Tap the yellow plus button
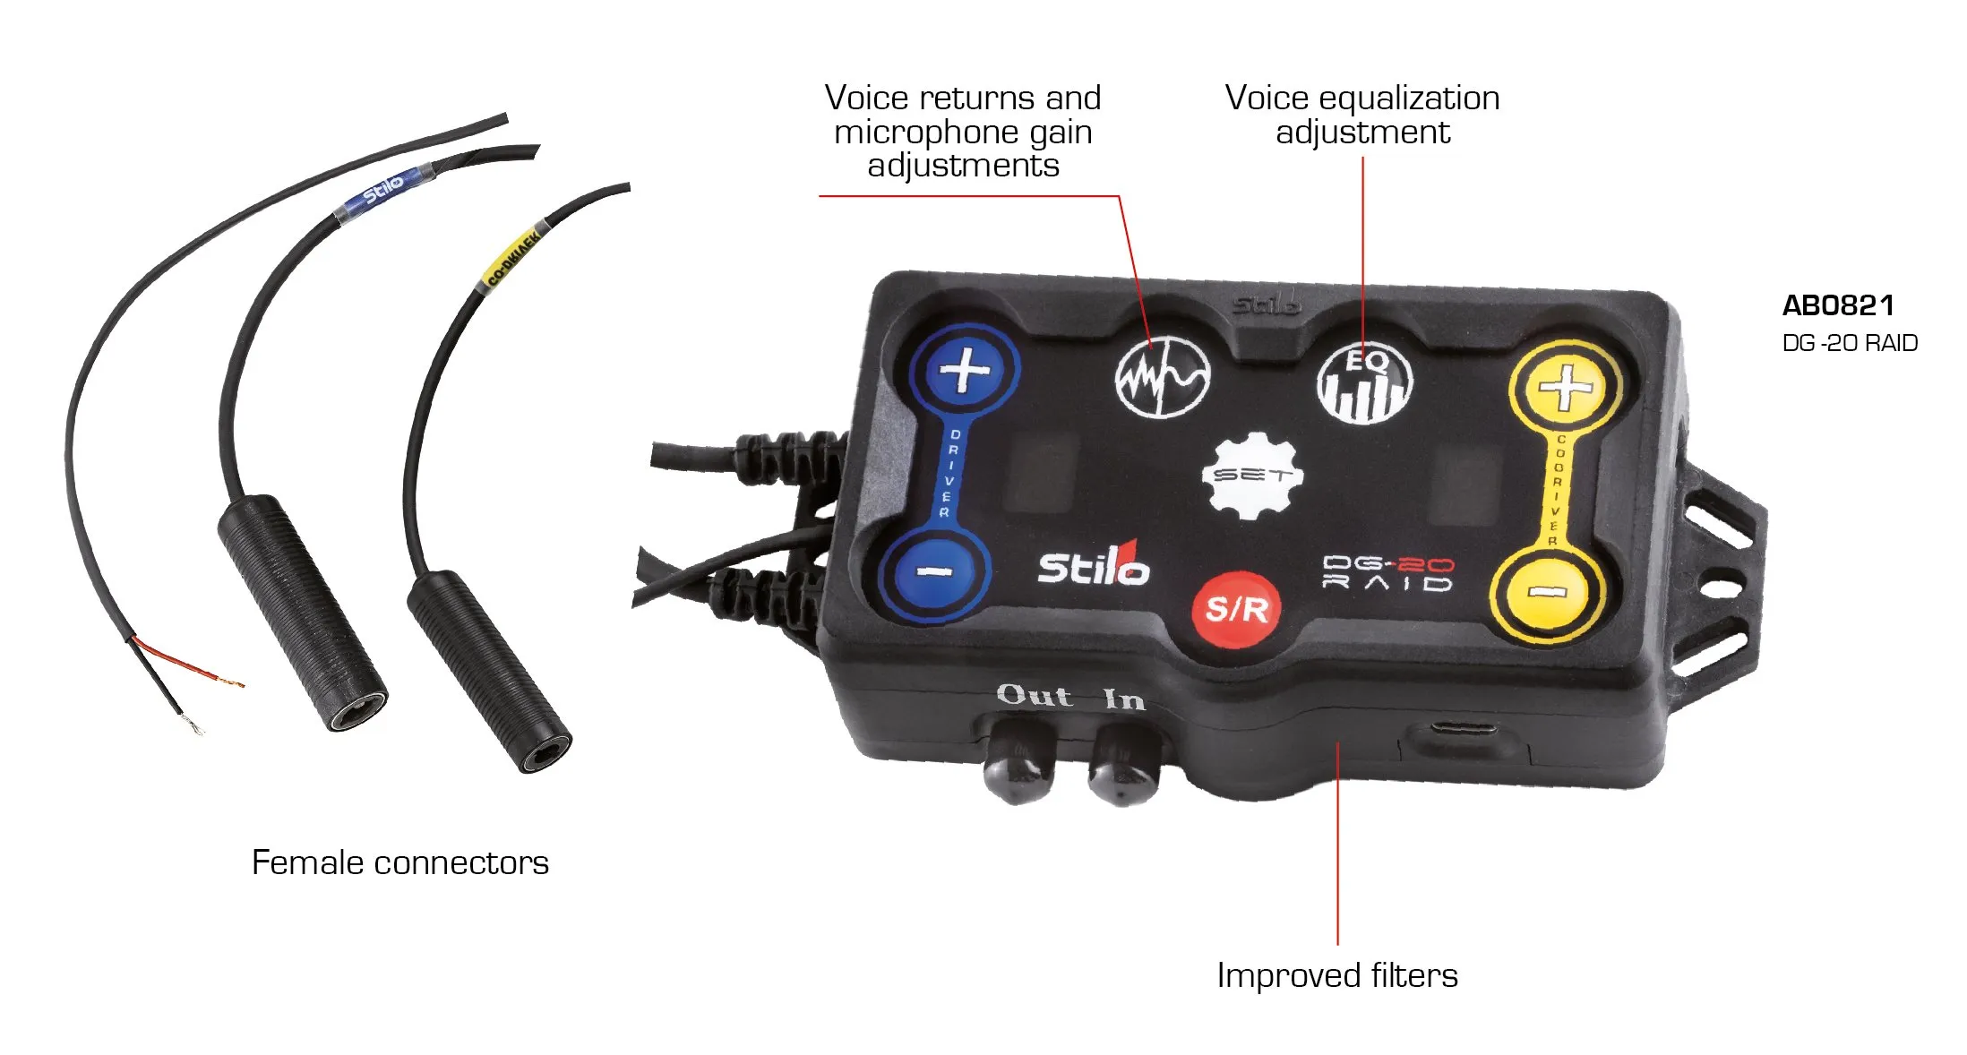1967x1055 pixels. [x=1565, y=389]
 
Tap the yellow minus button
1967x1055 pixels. [x=1545, y=593]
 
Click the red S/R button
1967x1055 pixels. [x=1237, y=609]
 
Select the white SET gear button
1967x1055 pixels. [x=1252, y=476]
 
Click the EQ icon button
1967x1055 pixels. [x=1364, y=383]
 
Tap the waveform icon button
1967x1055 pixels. [x=1163, y=377]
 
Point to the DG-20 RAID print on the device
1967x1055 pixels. [x=1387, y=573]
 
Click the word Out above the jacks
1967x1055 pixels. [x=1034, y=695]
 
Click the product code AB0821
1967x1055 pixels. [x=1837, y=305]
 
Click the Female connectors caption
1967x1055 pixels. [x=399, y=862]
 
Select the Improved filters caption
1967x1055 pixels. [x=1336, y=975]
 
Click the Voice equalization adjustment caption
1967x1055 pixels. [x=1361, y=115]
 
